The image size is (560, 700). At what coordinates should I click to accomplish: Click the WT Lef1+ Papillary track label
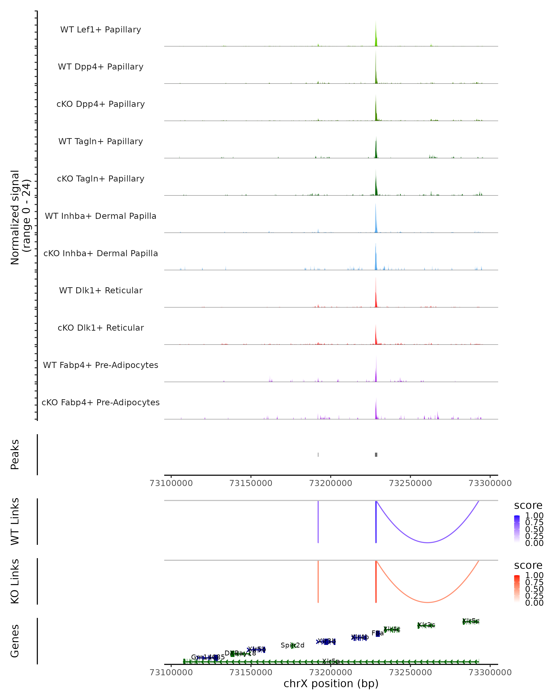pyautogui.click(x=101, y=30)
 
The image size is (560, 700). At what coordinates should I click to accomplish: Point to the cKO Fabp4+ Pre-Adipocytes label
pyautogui.click(x=101, y=402)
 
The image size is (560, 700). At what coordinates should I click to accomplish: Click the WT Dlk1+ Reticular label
pyautogui.click(x=101, y=290)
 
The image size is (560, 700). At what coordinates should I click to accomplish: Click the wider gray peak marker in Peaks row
pyautogui.click(x=376, y=455)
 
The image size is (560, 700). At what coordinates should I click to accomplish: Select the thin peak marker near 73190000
pyautogui.click(x=318, y=455)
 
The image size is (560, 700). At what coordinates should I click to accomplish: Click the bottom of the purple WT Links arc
pyautogui.click(x=428, y=542)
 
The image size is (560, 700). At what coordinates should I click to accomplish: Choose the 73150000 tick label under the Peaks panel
pyautogui.click(x=251, y=483)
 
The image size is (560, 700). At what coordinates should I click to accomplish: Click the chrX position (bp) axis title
pyautogui.click(x=331, y=684)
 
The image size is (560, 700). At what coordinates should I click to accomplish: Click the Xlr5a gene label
pyautogui.click(x=331, y=661)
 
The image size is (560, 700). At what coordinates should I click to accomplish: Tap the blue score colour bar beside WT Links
pyautogui.click(x=517, y=529)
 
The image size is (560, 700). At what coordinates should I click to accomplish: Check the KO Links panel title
pyautogui.click(x=15, y=581)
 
